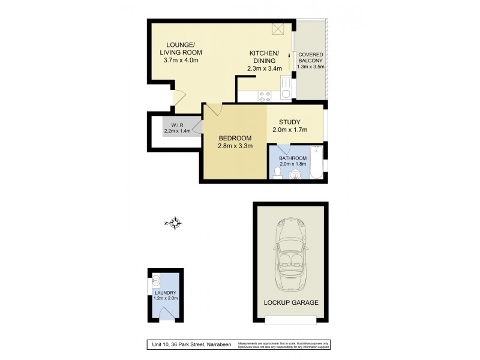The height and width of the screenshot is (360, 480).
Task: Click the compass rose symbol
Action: [174, 224]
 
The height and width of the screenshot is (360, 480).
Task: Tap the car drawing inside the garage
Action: [291, 251]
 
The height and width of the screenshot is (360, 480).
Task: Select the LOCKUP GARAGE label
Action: [291, 302]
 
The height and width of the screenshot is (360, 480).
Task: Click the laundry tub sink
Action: [157, 279]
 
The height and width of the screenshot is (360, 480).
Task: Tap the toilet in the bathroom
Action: [277, 173]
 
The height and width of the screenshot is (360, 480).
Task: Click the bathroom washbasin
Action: [295, 173]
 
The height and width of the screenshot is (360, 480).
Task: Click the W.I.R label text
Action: [176, 124]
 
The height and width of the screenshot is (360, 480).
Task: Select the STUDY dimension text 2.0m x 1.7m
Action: [293, 130]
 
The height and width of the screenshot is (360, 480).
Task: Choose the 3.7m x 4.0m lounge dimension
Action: [181, 60]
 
